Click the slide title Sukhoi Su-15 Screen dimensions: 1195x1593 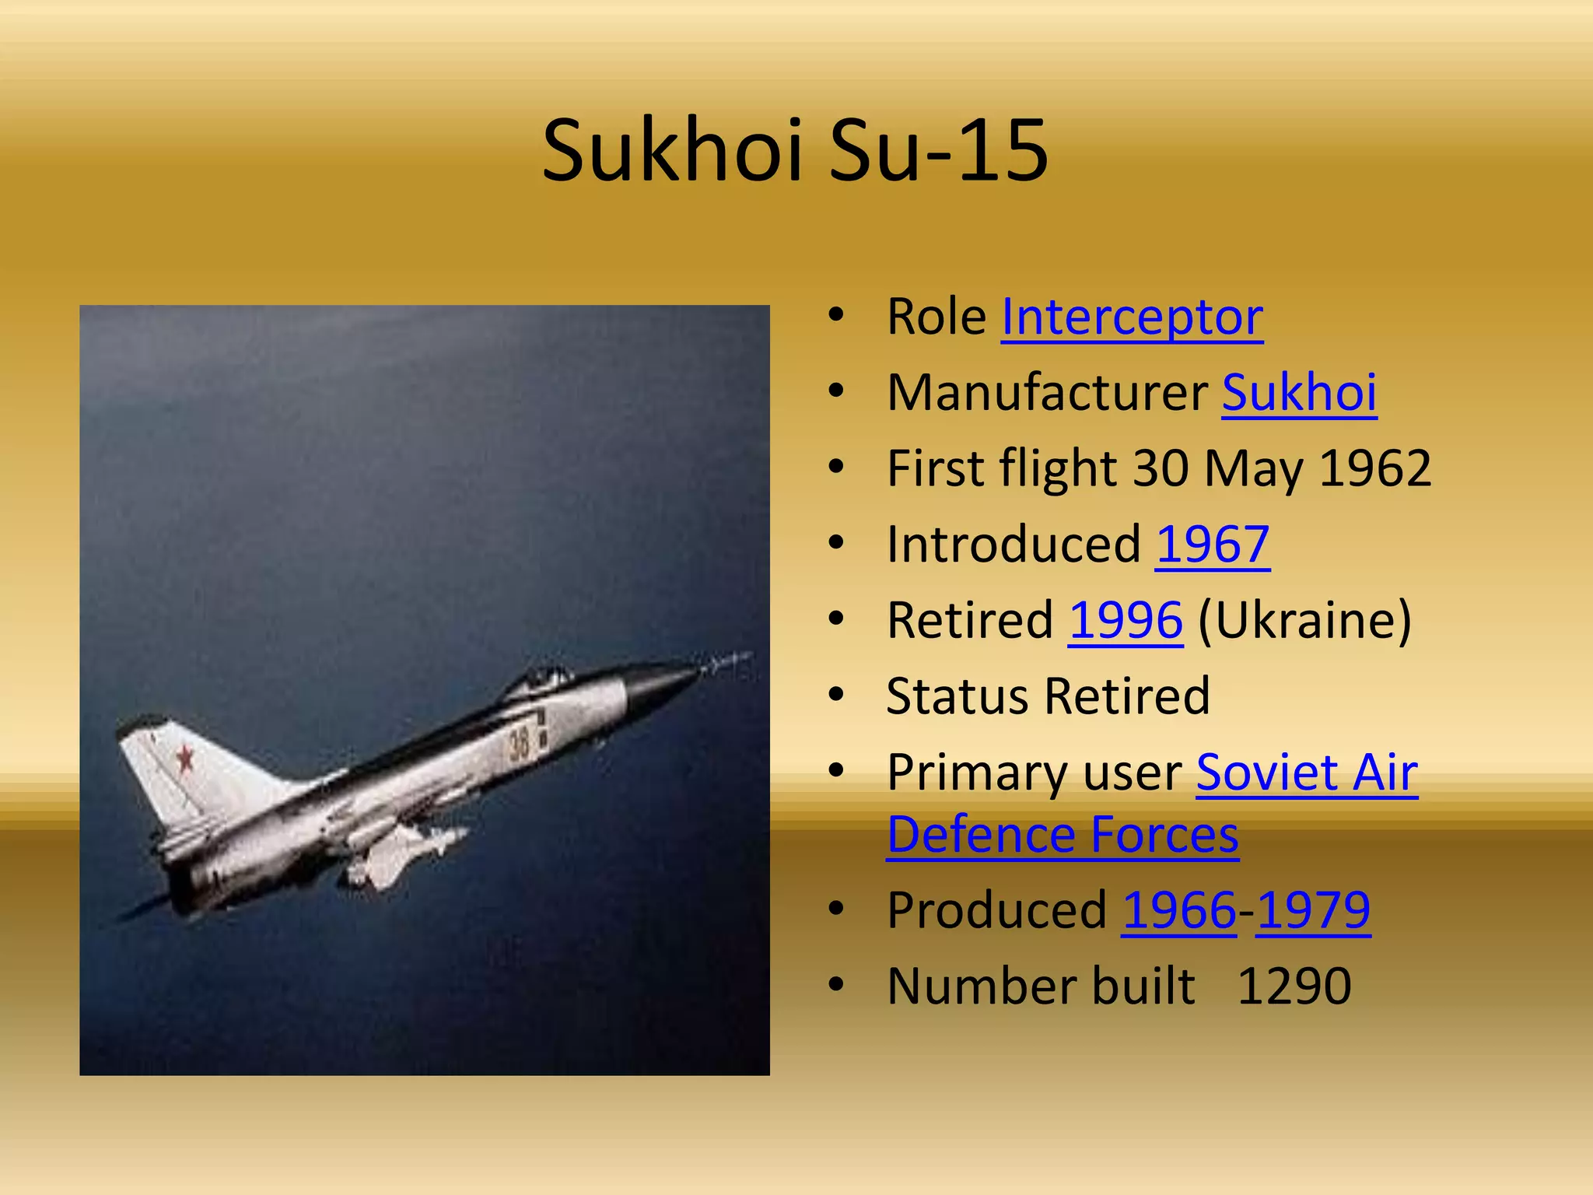tap(795, 150)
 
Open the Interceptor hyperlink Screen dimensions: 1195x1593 tap(1132, 317)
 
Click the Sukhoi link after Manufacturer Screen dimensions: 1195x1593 tap(1299, 392)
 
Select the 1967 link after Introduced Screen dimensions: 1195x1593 tap(1213, 544)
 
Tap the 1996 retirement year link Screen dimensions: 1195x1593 tap(1126, 620)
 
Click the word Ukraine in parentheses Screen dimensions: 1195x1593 tap(1304, 620)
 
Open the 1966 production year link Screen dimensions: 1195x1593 tap(1179, 909)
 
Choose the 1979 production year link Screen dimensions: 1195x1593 tap(1313, 909)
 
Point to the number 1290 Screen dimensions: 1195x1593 tap(1294, 986)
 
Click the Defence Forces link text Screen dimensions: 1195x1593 tap(1063, 835)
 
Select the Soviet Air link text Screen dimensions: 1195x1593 tap(1307, 773)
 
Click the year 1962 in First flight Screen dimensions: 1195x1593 tap(1375, 468)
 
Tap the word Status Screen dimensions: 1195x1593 tap(958, 696)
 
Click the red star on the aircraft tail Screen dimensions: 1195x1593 tap(185, 757)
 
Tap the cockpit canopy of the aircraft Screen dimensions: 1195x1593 tap(544, 678)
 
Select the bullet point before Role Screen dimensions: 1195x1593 tap(836, 315)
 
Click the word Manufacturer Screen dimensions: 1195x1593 tap(1047, 392)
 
